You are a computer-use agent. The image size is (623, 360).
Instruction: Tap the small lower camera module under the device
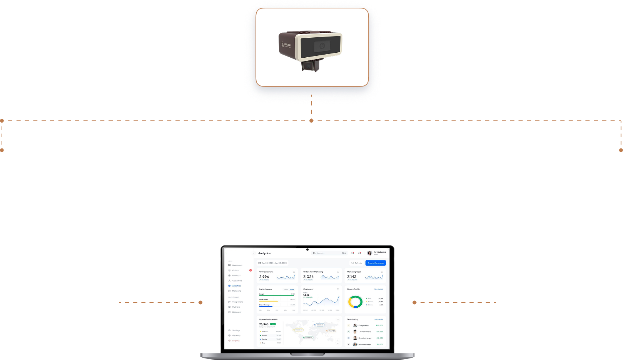coord(311,66)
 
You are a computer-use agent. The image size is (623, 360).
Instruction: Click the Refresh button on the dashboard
coord(356,263)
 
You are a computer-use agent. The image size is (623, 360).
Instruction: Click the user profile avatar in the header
coord(369,253)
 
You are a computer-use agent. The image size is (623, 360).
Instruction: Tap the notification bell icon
coord(360,253)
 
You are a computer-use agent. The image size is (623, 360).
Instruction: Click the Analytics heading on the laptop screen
coord(264,253)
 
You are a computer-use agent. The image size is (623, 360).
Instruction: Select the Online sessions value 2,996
coord(264,277)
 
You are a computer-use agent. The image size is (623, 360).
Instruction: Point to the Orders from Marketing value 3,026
coord(308,277)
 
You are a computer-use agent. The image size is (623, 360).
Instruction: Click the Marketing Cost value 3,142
coord(352,277)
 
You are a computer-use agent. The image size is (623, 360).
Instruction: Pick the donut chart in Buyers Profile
coord(355,302)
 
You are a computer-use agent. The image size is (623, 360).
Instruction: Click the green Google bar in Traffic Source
coord(276,296)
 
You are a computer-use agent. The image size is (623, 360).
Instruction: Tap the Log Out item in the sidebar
coord(236,341)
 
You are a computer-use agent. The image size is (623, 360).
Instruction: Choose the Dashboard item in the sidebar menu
coord(237,265)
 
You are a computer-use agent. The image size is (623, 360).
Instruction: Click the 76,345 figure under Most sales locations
coord(264,324)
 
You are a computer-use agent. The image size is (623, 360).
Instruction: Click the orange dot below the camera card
coord(311,121)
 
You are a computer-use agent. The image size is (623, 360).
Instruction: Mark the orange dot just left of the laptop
coord(200,303)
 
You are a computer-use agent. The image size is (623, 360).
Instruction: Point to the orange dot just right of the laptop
coord(414,303)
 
